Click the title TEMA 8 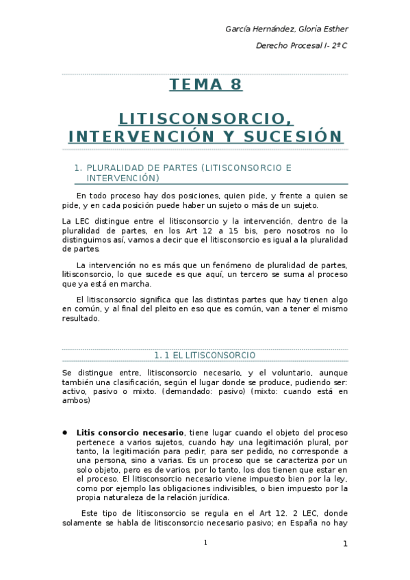[x=205, y=85]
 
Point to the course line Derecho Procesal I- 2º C [x=301, y=46]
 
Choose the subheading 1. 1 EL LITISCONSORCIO [x=205, y=356]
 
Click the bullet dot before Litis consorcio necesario [x=64, y=433]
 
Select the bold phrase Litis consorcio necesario [x=130, y=433]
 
